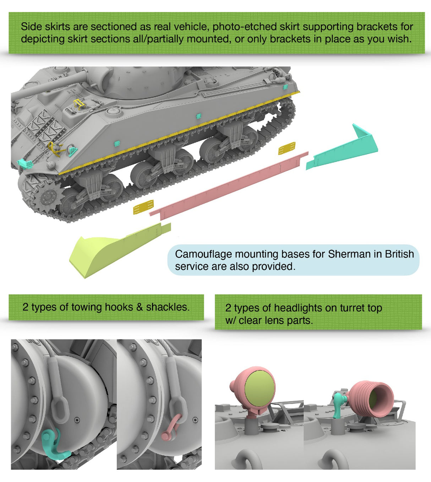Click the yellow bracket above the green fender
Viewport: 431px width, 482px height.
143,207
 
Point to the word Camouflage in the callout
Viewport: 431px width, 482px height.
203,254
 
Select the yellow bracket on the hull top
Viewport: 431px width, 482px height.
79,104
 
